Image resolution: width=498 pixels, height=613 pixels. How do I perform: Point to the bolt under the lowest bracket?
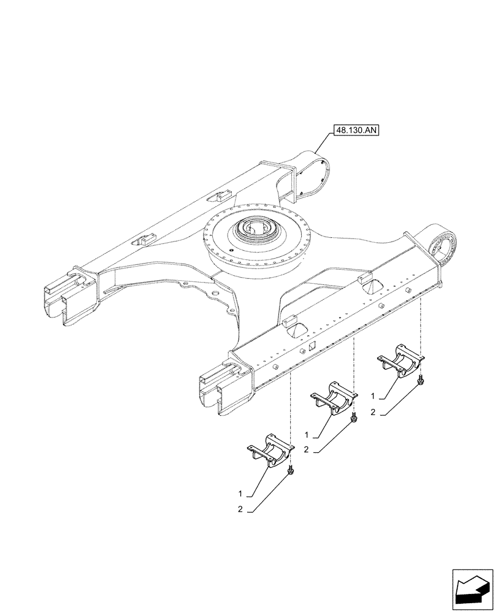[x=291, y=470]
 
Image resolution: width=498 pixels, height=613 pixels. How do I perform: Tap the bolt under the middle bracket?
[x=354, y=418]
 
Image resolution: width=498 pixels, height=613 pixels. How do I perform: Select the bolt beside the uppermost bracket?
[x=420, y=381]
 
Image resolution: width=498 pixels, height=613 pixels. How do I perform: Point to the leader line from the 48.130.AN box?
[x=324, y=146]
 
